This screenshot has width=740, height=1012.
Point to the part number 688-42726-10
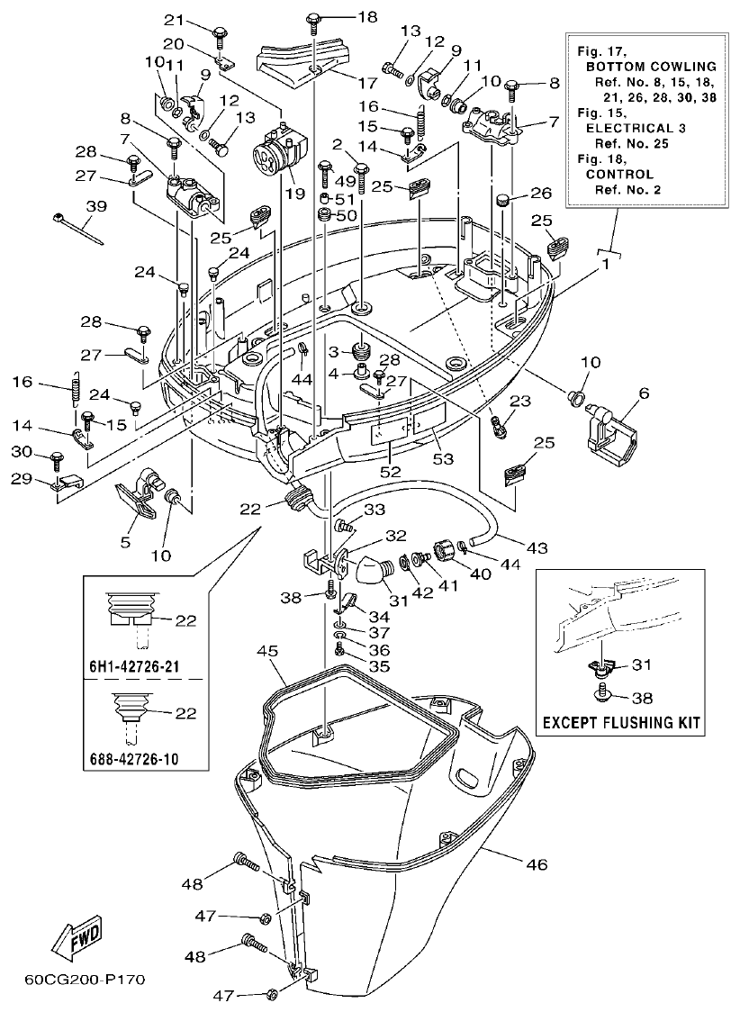tap(134, 759)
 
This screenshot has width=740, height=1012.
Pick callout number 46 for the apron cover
tap(536, 865)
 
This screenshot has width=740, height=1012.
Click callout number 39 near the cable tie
tap(95, 207)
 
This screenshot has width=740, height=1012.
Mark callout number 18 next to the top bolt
tap(343, 17)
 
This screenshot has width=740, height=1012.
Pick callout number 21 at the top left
tap(173, 20)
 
